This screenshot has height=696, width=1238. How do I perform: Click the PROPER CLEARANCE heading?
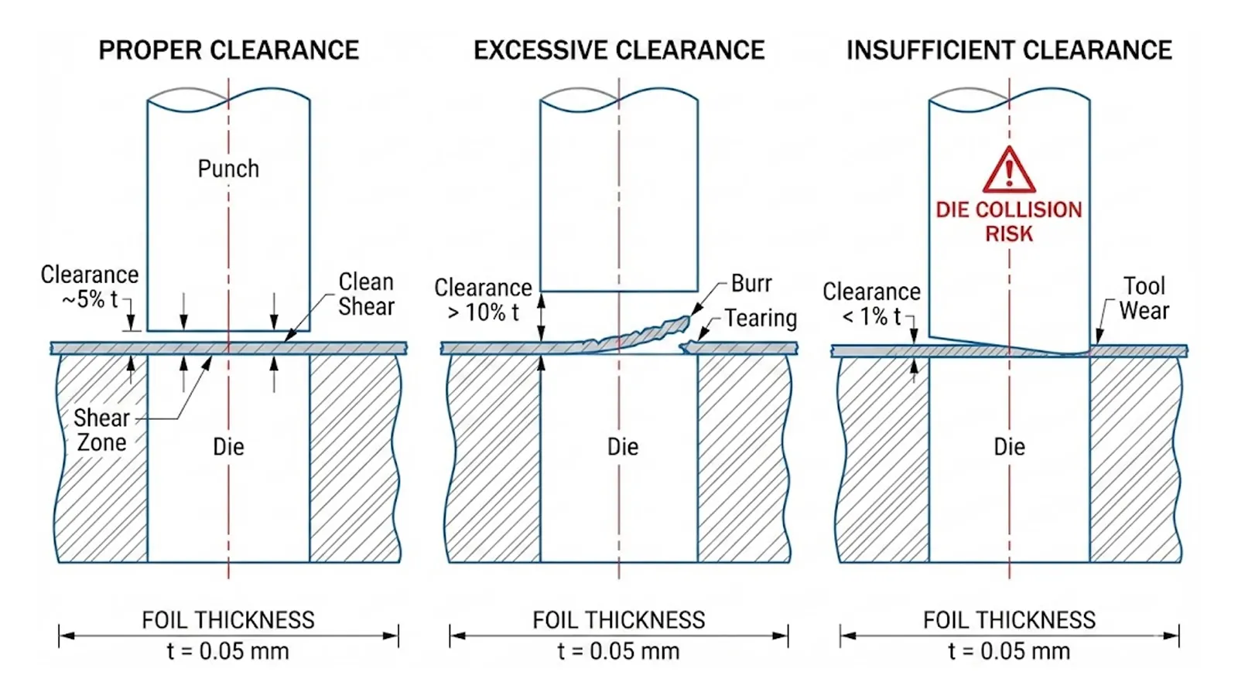[228, 50]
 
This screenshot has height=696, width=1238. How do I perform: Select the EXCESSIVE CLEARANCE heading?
[619, 50]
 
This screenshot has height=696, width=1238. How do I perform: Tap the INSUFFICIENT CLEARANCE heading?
[1009, 50]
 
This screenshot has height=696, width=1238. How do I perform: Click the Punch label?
[228, 169]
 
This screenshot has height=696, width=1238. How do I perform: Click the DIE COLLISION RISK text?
[1009, 222]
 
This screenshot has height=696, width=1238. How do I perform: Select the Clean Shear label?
[366, 294]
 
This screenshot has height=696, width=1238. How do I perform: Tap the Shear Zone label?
[101, 430]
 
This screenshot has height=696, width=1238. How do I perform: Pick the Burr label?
[751, 284]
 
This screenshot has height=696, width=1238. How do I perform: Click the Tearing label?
[761, 319]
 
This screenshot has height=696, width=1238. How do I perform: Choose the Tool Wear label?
[1144, 299]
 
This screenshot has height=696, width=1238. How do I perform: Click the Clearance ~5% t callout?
[90, 287]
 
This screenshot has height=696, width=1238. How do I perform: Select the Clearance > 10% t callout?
[483, 300]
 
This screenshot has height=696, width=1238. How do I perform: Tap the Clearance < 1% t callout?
[871, 304]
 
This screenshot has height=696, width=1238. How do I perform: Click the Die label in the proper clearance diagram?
[228, 447]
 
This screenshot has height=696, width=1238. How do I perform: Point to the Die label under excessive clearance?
[623, 447]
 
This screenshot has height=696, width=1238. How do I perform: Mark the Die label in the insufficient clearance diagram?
[1009, 447]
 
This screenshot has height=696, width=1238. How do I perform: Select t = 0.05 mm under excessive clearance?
[619, 651]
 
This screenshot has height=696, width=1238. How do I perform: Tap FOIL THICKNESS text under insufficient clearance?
[1009, 620]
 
